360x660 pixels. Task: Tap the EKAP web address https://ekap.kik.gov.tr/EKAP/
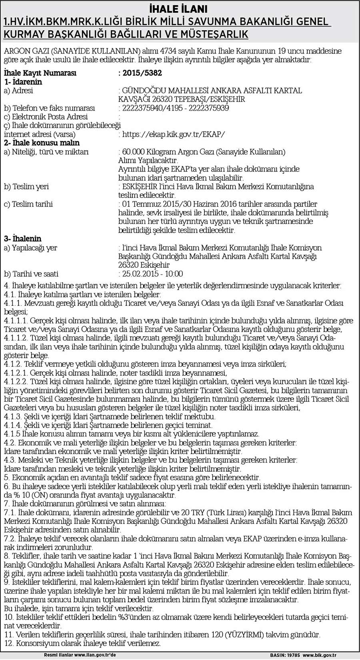[174, 134]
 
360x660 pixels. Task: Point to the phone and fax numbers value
[176, 108]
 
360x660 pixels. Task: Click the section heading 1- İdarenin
[23, 82]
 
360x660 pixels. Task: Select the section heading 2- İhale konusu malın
[42, 143]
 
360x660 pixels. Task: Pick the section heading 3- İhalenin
[22, 239]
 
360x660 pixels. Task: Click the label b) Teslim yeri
[26, 187]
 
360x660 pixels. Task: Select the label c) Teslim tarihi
[28, 204]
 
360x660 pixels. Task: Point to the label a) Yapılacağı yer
[30, 248]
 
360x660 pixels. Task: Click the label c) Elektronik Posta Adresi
[46, 117]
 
